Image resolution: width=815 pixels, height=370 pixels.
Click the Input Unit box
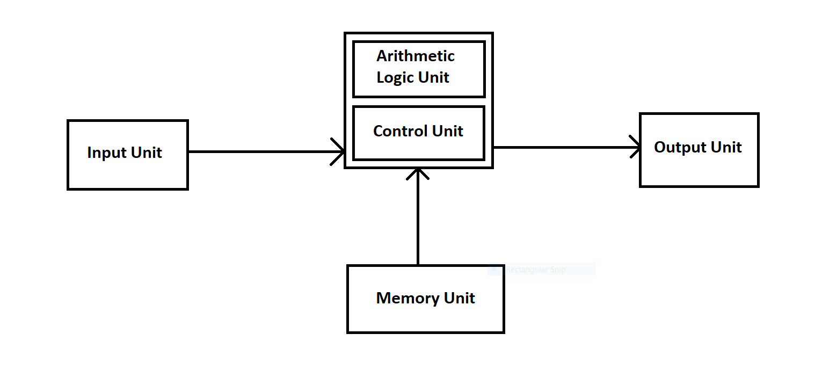(127, 155)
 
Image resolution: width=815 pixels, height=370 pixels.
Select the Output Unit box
(698, 150)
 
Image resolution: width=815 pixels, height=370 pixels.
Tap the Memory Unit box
(425, 299)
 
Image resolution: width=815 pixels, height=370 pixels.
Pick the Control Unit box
(418, 133)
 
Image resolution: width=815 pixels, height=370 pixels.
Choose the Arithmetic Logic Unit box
(418, 69)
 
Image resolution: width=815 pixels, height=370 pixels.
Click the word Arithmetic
(415, 56)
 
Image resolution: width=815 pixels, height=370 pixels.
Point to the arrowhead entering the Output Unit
(636, 147)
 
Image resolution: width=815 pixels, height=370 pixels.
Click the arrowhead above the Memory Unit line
(418, 172)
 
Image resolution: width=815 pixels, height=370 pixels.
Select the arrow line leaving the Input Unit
(258, 151)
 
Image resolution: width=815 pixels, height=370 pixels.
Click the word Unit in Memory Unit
(460, 298)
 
